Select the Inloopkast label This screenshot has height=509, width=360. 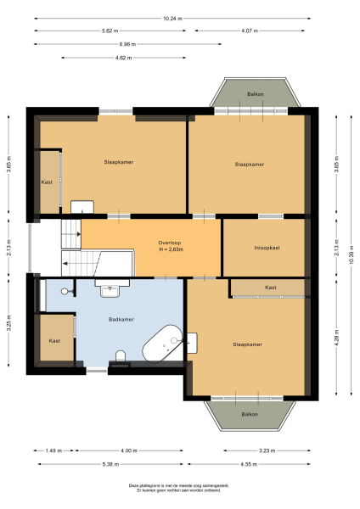(266, 248)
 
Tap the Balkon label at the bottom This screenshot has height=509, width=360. (249, 413)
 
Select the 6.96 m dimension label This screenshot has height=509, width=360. (127, 43)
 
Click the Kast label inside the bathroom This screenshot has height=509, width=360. (54, 340)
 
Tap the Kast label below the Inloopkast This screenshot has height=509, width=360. (270, 288)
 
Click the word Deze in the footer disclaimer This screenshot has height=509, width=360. (134, 486)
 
